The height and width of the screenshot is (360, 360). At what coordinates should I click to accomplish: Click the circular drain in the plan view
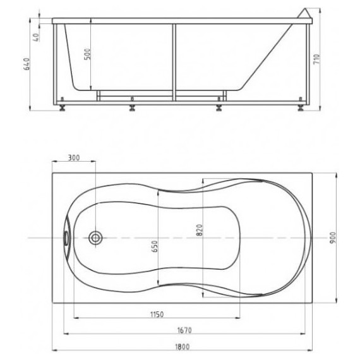(x=96, y=238)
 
